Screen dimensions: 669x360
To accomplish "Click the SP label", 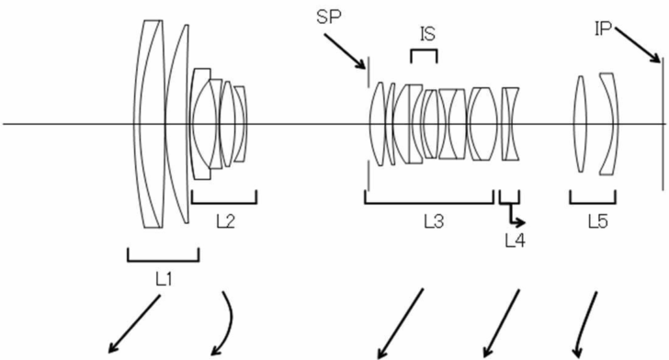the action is [329, 17].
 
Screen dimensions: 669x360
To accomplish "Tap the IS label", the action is [427, 34].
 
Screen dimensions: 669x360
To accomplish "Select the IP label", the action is [603, 29].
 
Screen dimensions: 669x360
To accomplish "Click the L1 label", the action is [164, 279].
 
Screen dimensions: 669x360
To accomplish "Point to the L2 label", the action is [226, 221].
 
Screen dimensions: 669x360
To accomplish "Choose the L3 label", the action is [434, 221].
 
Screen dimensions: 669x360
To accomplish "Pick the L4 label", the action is [515, 242].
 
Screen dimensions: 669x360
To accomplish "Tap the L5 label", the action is [597, 221].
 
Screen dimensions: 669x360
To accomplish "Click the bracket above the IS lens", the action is [424, 51].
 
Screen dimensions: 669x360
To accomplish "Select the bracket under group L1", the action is [163, 261].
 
